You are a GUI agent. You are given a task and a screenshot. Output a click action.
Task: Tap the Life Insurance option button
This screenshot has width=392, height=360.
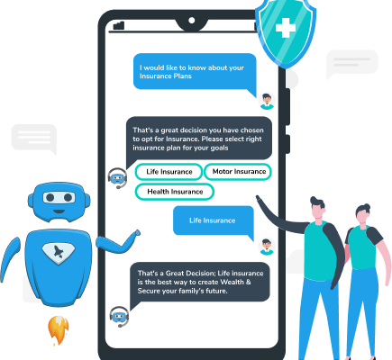(x=169, y=172)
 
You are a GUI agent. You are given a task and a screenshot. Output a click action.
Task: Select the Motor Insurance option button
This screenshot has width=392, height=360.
(x=238, y=172)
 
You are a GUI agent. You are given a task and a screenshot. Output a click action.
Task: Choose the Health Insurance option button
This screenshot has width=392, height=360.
(x=175, y=192)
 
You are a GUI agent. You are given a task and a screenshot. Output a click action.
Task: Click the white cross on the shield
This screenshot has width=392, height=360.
(x=286, y=28)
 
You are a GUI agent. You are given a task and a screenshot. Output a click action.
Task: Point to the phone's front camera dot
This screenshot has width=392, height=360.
(x=191, y=21)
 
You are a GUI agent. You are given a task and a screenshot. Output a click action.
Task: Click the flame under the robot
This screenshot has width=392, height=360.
(x=59, y=329)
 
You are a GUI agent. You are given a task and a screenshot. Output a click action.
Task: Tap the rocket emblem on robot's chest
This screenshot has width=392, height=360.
(x=59, y=251)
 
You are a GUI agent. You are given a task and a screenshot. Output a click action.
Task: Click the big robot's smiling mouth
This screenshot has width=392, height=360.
(x=59, y=211)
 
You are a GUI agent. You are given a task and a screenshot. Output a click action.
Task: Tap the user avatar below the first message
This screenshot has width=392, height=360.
(x=267, y=101)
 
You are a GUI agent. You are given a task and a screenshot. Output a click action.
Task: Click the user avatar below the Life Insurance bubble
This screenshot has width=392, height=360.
(x=267, y=247)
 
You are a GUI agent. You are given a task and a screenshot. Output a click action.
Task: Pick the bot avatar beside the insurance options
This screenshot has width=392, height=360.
(x=117, y=178)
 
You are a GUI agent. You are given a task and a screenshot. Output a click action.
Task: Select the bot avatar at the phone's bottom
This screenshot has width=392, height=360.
(x=119, y=316)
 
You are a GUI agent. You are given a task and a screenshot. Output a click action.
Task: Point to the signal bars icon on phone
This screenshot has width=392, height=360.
(x=119, y=25)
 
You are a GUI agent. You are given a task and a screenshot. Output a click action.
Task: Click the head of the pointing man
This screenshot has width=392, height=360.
(x=317, y=208)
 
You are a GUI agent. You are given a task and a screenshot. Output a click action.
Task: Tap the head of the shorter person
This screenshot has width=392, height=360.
(x=363, y=213)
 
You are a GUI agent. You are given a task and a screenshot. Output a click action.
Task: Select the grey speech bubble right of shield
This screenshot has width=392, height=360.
(x=351, y=64)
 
